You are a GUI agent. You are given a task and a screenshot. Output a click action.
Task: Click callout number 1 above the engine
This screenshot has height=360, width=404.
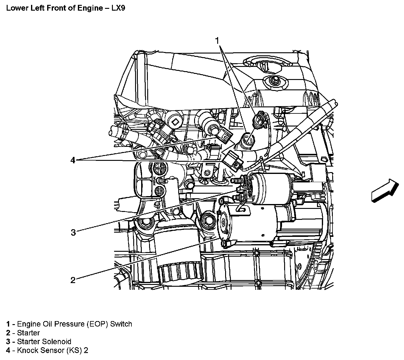[x=217, y=40]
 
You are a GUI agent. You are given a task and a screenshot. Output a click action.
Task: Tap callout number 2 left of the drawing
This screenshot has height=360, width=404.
[x=73, y=280]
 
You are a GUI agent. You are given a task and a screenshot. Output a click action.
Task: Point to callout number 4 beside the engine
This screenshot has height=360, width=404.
[x=73, y=160]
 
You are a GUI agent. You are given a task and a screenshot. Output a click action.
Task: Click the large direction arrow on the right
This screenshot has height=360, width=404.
[x=385, y=191]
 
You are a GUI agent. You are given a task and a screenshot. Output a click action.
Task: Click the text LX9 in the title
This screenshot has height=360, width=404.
[x=117, y=8]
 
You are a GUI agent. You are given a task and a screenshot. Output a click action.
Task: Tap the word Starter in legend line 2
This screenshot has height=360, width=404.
[x=28, y=333]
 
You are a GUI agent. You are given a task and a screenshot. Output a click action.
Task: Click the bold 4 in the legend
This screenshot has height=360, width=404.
[x=8, y=351]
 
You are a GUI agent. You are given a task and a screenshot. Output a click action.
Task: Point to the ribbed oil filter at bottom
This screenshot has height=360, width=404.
[x=178, y=268]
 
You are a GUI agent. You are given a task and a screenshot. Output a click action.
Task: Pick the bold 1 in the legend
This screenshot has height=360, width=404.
[x=8, y=324]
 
